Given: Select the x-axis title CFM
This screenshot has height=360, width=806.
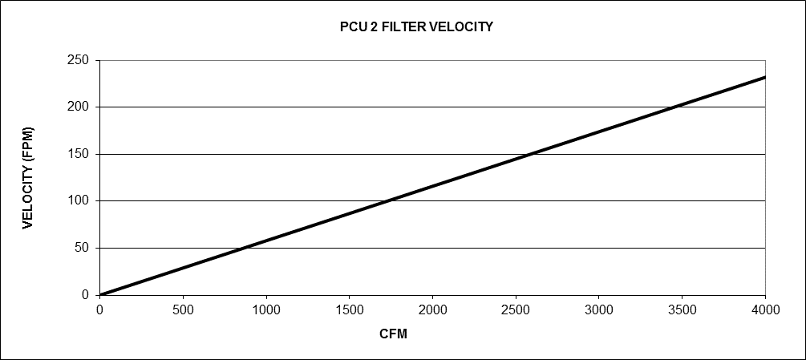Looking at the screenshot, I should pyautogui.click(x=393, y=334).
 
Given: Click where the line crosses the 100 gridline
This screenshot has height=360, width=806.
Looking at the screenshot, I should pyautogui.click(x=387, y=200).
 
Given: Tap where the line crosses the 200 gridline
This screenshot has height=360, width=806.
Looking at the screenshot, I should pyautogui.click(x=674, y=107).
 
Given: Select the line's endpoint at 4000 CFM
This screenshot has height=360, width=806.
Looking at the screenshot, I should pyautogui.click(x=765, y=77).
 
